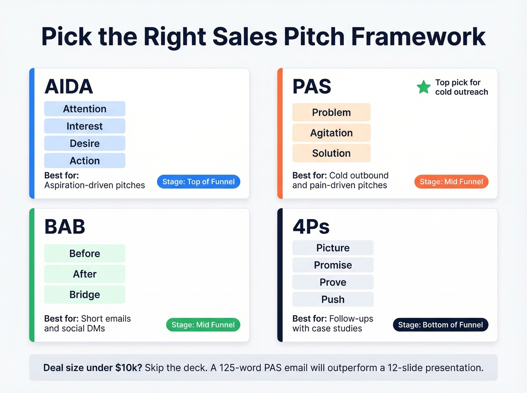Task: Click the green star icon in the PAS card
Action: (x=423, y=87)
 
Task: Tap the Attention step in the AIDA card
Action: (x=85, y=109)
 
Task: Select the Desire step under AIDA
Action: (x=85, y=143)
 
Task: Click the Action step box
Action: (x=85, y=161)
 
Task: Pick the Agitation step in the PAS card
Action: (x=331, y=133)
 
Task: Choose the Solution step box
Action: (x=331, y=153)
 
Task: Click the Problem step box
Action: (x=331, y=112)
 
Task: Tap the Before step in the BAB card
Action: (x=85, y=253)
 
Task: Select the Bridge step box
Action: (x=85, y=294)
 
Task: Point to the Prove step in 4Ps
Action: (x=333, y=282)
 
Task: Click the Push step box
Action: (x=333, y=299)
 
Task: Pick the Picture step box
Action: (x=333, y=248)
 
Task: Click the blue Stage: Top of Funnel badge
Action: (x=198, y=182)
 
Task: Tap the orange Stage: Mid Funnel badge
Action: (x=451, y=182)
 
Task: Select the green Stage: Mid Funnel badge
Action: (x=203, y=325)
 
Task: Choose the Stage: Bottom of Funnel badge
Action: (x=440, y=325)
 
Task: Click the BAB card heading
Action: (x=65, y=227)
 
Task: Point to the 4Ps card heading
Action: (x=311, y=227)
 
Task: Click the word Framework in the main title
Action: (x=418, y=36)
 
